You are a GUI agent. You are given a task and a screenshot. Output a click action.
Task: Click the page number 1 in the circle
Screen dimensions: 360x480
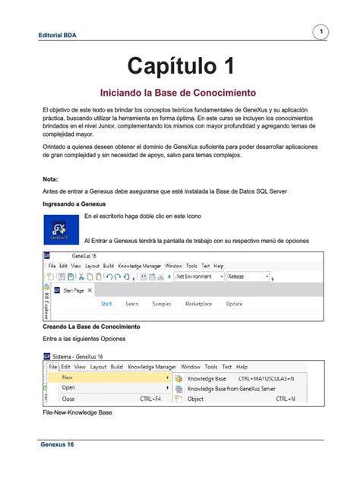click(x=321, y=31)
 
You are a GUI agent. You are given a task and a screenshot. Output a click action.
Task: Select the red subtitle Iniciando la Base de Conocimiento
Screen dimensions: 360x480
click(x=179, y=93)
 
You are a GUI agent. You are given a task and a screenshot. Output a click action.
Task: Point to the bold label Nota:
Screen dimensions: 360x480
click(x=50, y=179)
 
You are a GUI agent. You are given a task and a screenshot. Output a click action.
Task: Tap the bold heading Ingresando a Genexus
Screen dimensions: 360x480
click(x=74, y=205)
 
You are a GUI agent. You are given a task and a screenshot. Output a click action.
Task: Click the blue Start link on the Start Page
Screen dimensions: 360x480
click(x=106, y=303)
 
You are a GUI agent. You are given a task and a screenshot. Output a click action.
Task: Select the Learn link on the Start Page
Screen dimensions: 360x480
click(x=132, y=303)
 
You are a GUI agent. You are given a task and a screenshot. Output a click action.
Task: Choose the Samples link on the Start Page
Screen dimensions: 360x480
click(x=162, y=303)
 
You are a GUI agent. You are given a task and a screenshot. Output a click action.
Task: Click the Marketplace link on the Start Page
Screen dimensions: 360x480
click(x=199, y=303)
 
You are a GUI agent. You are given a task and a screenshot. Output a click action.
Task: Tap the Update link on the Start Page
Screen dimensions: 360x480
click(x=235, y=303)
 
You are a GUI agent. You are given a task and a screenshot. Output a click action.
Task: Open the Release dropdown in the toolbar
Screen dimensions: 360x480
click(x=247, y=277)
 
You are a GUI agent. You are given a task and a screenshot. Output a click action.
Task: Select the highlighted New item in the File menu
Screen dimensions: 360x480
click(x=68, y=377)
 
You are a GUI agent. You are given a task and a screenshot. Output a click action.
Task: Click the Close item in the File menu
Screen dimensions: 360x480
click(x=68, y=398)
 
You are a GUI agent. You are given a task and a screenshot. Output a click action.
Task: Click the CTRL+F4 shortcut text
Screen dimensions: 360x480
click(x=152, y=398)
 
